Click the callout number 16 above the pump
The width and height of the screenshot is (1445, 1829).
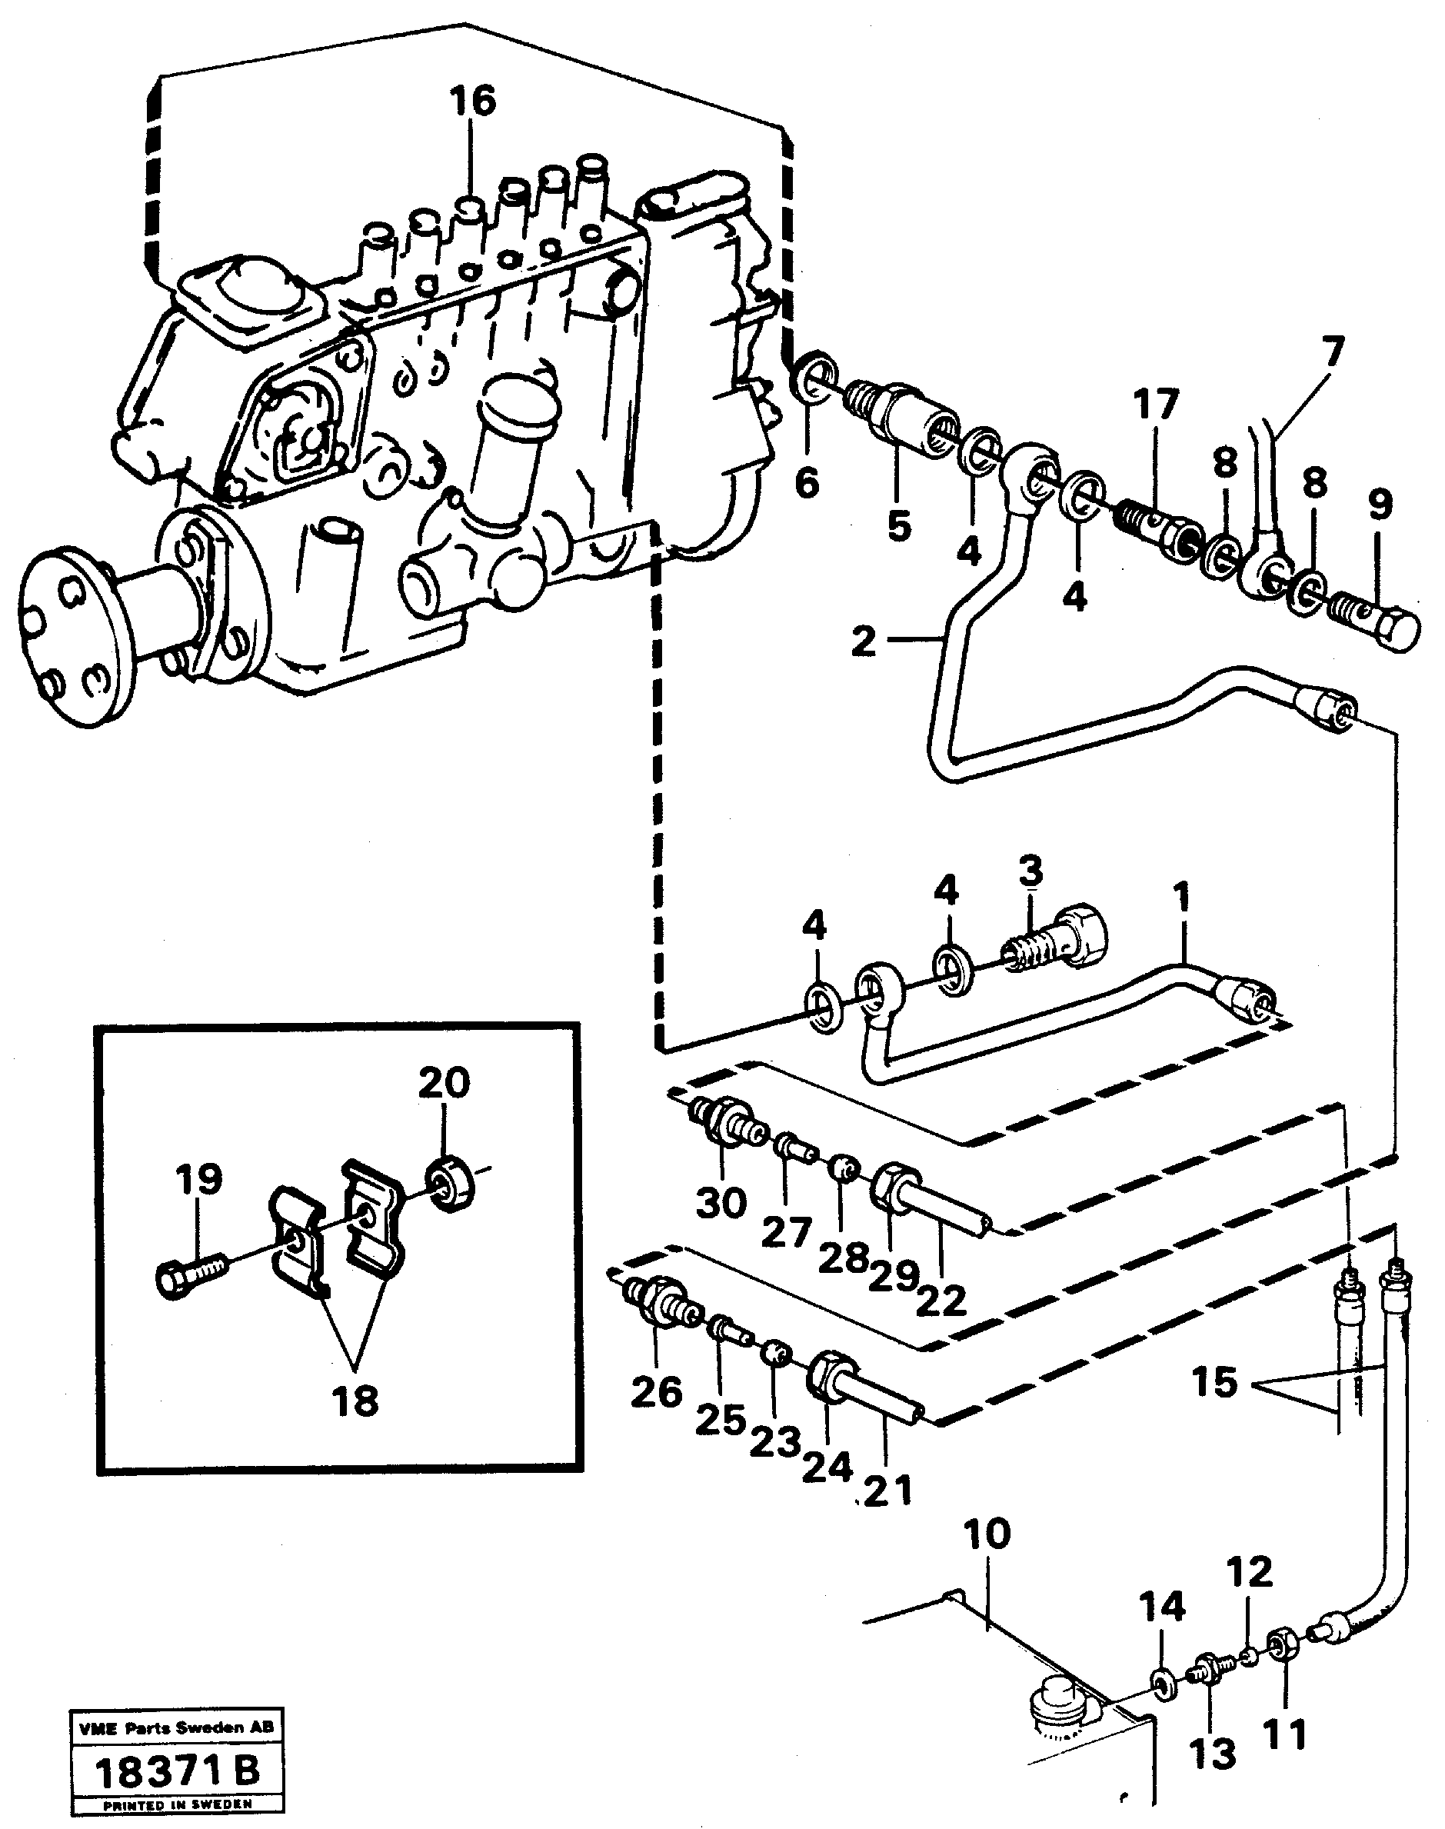pos(472,101)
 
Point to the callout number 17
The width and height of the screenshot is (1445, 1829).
pos(1157,405)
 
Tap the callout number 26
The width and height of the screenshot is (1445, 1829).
pos(656,1391)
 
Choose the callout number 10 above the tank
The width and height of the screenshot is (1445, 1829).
pos(986,1534)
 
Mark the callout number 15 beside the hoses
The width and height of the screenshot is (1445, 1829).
pos(1214,1383)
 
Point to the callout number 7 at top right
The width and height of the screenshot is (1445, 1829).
pos(1332,355)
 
